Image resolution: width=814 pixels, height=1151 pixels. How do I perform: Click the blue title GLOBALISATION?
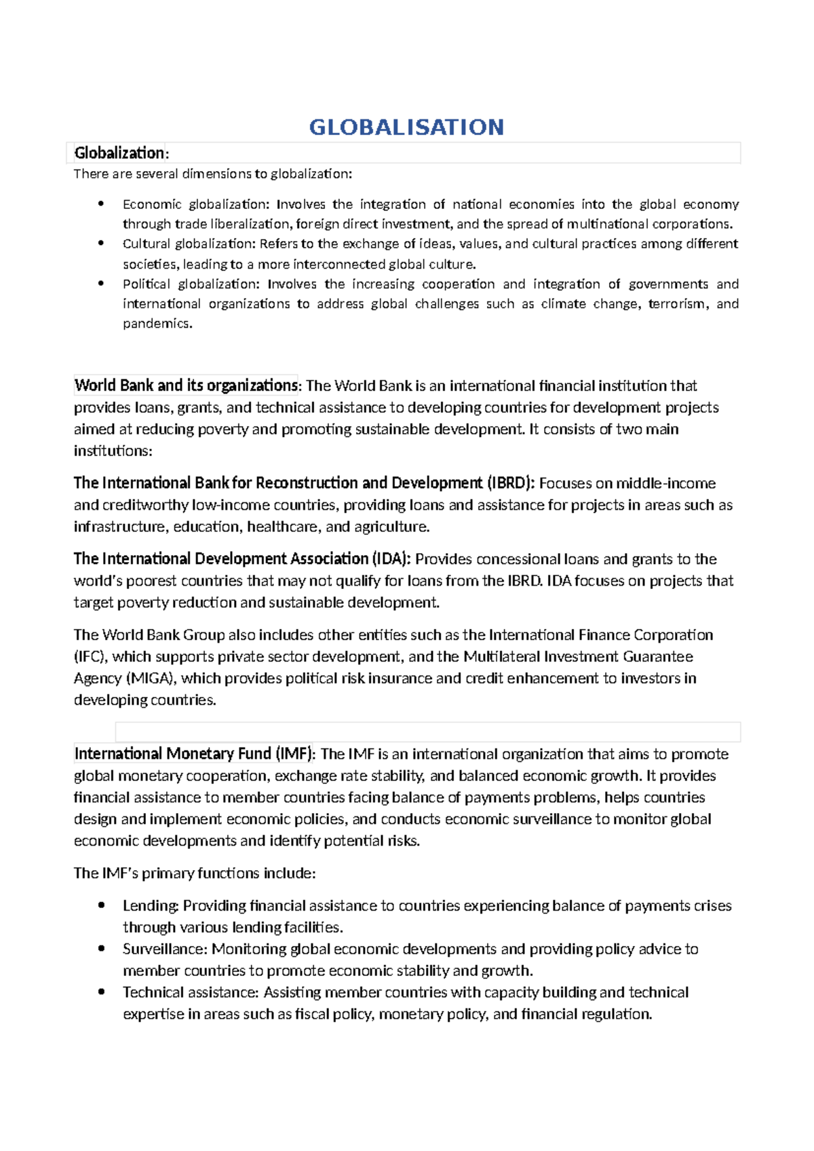click(406, 127)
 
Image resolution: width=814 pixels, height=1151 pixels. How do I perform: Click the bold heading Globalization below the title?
click(119, 153)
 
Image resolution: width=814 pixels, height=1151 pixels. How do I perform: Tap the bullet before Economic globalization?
click(101, 204)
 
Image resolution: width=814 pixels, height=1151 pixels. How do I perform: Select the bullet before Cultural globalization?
click(101, 243)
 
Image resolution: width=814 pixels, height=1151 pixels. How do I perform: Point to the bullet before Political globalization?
click(101, 283)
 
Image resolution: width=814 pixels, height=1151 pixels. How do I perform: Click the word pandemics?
click(157, 324)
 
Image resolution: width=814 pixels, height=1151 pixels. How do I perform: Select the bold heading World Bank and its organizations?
click(186, 385)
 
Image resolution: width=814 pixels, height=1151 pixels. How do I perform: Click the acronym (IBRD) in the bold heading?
click(510, 483)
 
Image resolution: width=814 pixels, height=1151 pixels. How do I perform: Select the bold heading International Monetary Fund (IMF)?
click(194, 754)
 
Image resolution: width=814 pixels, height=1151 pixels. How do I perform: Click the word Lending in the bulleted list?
click(151, 906)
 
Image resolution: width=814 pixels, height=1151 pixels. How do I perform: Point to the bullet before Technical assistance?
click(101, 992)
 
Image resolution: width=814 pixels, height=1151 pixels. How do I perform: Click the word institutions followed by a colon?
click(112, 451)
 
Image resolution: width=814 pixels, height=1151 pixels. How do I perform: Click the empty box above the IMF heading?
click(427, 732)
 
